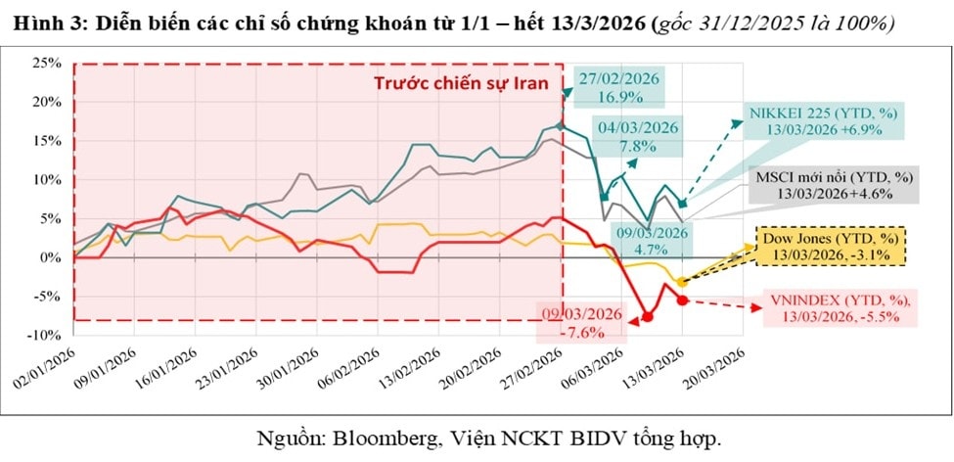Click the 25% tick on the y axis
(47, 63)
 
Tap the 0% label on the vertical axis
(51, 257)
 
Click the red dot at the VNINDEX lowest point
(648, 316)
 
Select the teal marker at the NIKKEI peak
(560, 125)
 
